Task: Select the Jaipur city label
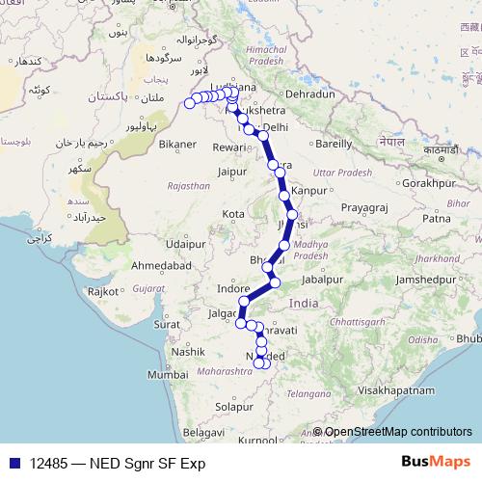234,172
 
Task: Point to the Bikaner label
177,146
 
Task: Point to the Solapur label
235,408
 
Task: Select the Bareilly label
335,144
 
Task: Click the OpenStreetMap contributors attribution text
398,432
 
